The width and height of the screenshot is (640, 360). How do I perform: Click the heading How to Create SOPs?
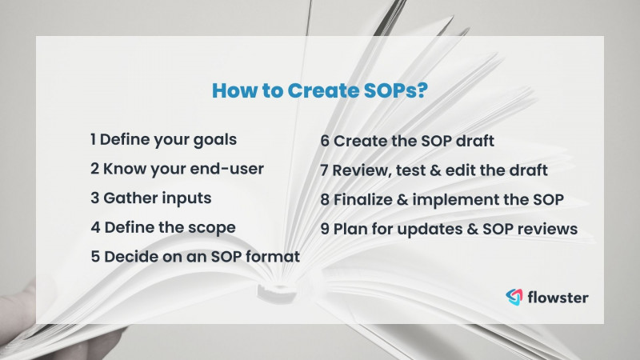[x=319, y=90]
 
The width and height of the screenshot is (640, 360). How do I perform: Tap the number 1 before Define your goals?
[x=94, y=139]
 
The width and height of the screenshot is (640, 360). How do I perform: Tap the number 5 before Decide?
[x=95, y=257]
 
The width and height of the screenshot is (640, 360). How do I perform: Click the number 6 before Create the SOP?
[x=325, y=141]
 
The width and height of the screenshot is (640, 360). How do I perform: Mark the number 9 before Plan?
[x=325, y=228]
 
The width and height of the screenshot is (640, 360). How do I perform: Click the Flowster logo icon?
[x=514, y=298]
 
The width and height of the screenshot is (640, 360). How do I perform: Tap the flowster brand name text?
[x=558, y=298]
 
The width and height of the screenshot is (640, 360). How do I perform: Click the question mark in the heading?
[x=421, y=90]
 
